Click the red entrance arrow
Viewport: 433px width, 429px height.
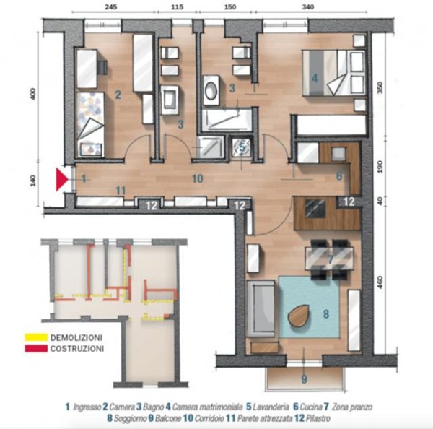(x=61, y=179)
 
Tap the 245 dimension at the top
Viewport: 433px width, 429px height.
(x=111, y=6)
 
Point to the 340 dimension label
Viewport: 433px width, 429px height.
(x=308, y=6)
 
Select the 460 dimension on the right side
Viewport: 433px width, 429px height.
(x=380, y=282)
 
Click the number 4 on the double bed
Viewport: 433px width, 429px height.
(x=315, y=78)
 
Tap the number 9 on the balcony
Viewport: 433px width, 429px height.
(x=304, y=379)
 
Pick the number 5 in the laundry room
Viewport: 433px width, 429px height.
(x=242, y=147)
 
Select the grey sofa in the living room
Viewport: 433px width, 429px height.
(x=261, y=308)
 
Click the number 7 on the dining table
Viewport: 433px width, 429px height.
(x=331, y=259)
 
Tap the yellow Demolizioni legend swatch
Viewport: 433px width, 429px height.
(x=36, y=337)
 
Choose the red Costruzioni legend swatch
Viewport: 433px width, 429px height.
(x=36, y=349)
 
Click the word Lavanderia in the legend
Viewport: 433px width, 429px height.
(x=271, y=407)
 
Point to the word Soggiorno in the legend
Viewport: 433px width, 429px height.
(x=131, y=418)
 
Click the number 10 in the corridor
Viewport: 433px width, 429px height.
(x=198, y=178)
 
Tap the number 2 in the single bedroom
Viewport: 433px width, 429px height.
(x=118, y=95)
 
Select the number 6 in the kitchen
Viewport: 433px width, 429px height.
(x=339, y=176)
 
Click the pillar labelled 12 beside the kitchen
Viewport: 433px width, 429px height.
(x=349, y=201)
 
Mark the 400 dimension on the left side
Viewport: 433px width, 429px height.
(x=33, y=94)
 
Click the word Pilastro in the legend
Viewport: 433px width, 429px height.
(x=318, y=418)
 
